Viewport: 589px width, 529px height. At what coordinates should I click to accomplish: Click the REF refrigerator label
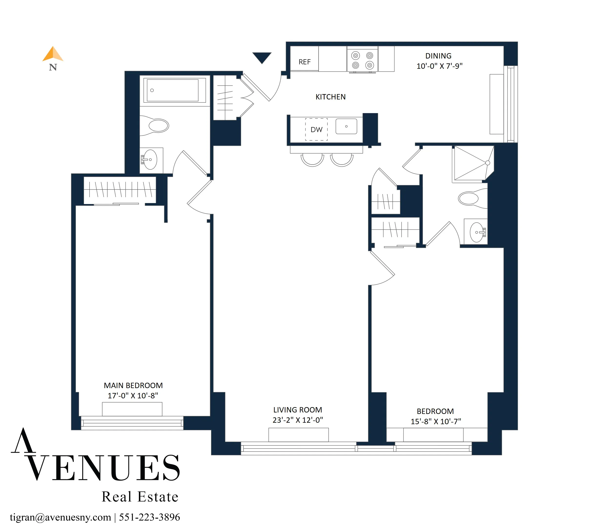point(304,62)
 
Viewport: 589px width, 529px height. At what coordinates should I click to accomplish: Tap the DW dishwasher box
point(316,129)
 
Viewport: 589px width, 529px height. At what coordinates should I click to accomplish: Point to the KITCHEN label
point(330,97)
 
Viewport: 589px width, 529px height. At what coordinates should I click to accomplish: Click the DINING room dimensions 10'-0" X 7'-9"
point(439,66)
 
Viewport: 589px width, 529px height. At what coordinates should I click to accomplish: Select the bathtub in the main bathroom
point(173,90)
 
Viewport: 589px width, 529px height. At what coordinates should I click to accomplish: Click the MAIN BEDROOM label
point(133,385)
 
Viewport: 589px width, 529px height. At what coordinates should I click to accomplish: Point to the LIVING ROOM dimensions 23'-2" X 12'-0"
point(298,420)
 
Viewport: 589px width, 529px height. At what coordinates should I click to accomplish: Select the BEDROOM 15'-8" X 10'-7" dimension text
point(436,421)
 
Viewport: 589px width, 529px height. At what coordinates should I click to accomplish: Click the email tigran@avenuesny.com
point(61,517)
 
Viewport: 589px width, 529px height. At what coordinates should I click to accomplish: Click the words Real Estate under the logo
point(140,497)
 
